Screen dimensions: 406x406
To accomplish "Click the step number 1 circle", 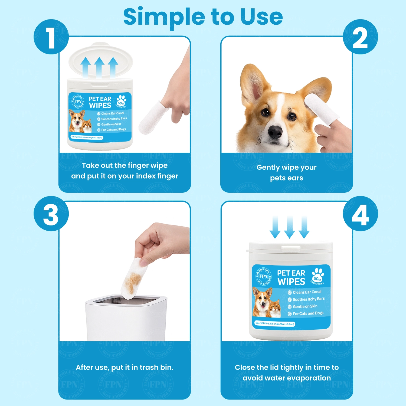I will pos(51,37).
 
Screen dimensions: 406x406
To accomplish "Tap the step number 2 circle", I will pos(360,37).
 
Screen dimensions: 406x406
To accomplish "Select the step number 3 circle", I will pos(51,214).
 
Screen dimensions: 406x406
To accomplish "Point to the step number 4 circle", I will pos(360,214).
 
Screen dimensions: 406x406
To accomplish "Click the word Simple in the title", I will pos(164,17).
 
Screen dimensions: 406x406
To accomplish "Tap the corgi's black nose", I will pos(275,132).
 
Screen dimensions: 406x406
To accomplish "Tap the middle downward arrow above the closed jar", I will pos(290,227).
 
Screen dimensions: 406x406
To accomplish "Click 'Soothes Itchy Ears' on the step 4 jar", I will pos(308,299).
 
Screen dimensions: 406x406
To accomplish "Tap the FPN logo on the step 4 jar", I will pos(263,276).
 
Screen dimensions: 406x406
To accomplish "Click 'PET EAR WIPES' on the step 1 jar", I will pos(100,102).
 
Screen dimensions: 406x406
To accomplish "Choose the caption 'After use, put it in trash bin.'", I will pos(125,367).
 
